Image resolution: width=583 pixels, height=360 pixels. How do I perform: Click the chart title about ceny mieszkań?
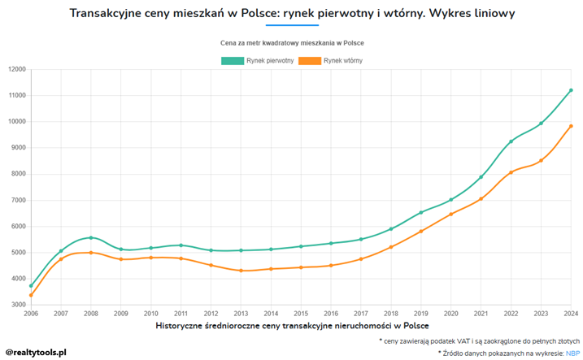click(292, 14)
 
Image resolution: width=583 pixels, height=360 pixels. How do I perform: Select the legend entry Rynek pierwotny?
click(258, 61)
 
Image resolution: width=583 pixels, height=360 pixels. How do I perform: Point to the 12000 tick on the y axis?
click(17, 70)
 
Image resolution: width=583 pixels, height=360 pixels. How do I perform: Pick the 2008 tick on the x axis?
click(91, 313)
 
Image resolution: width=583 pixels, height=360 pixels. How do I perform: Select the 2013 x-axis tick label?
click(241, 313)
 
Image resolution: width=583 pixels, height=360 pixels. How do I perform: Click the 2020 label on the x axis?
click(451, 313)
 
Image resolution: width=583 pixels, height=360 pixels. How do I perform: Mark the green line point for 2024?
click(571, 90)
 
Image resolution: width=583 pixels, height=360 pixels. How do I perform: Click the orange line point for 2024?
click(571, 126)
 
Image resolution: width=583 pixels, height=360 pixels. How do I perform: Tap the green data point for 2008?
click(91, 238)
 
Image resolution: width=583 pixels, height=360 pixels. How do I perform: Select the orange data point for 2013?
click(241, 271)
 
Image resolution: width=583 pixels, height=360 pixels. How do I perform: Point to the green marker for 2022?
click(511, 141)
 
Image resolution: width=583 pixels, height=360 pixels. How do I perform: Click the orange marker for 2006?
click(31, 296)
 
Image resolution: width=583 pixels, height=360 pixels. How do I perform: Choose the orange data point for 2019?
click(421, 232)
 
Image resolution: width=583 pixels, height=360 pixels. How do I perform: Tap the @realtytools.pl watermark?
click(36, 352)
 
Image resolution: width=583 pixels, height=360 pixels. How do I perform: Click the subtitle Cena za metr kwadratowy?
click(292, 42)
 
